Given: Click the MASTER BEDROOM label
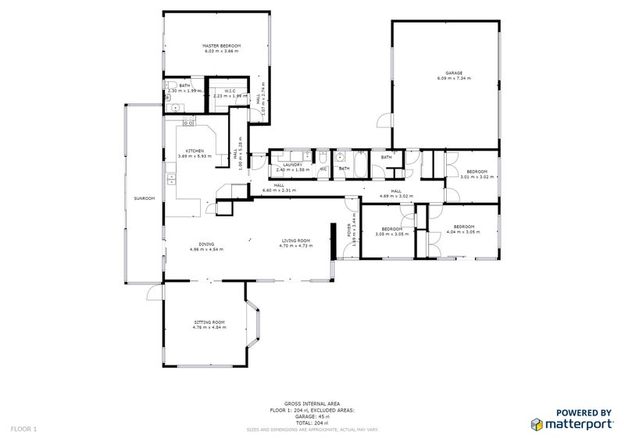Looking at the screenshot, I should (x=222, y=47).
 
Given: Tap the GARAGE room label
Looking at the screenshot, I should (x=444, y=74).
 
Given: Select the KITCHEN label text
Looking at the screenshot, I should (x=195, y=151).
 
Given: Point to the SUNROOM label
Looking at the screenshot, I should (x=144, y=198).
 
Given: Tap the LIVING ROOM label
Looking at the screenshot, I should (x=296, y=241).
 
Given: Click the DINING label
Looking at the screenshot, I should (x=206, y=244).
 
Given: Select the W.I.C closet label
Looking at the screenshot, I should (x=230, y=91).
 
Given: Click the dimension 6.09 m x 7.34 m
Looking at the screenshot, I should (x=444, y=80).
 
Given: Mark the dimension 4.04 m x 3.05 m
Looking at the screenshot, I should (x=461, y=232).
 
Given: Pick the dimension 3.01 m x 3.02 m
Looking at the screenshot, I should (x=477, y=176).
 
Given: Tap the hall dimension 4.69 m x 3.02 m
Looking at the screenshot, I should (x=395, y=196).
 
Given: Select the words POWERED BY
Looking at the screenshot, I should (x=583, y=412).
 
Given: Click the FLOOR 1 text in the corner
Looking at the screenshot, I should (x=23, y=429).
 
